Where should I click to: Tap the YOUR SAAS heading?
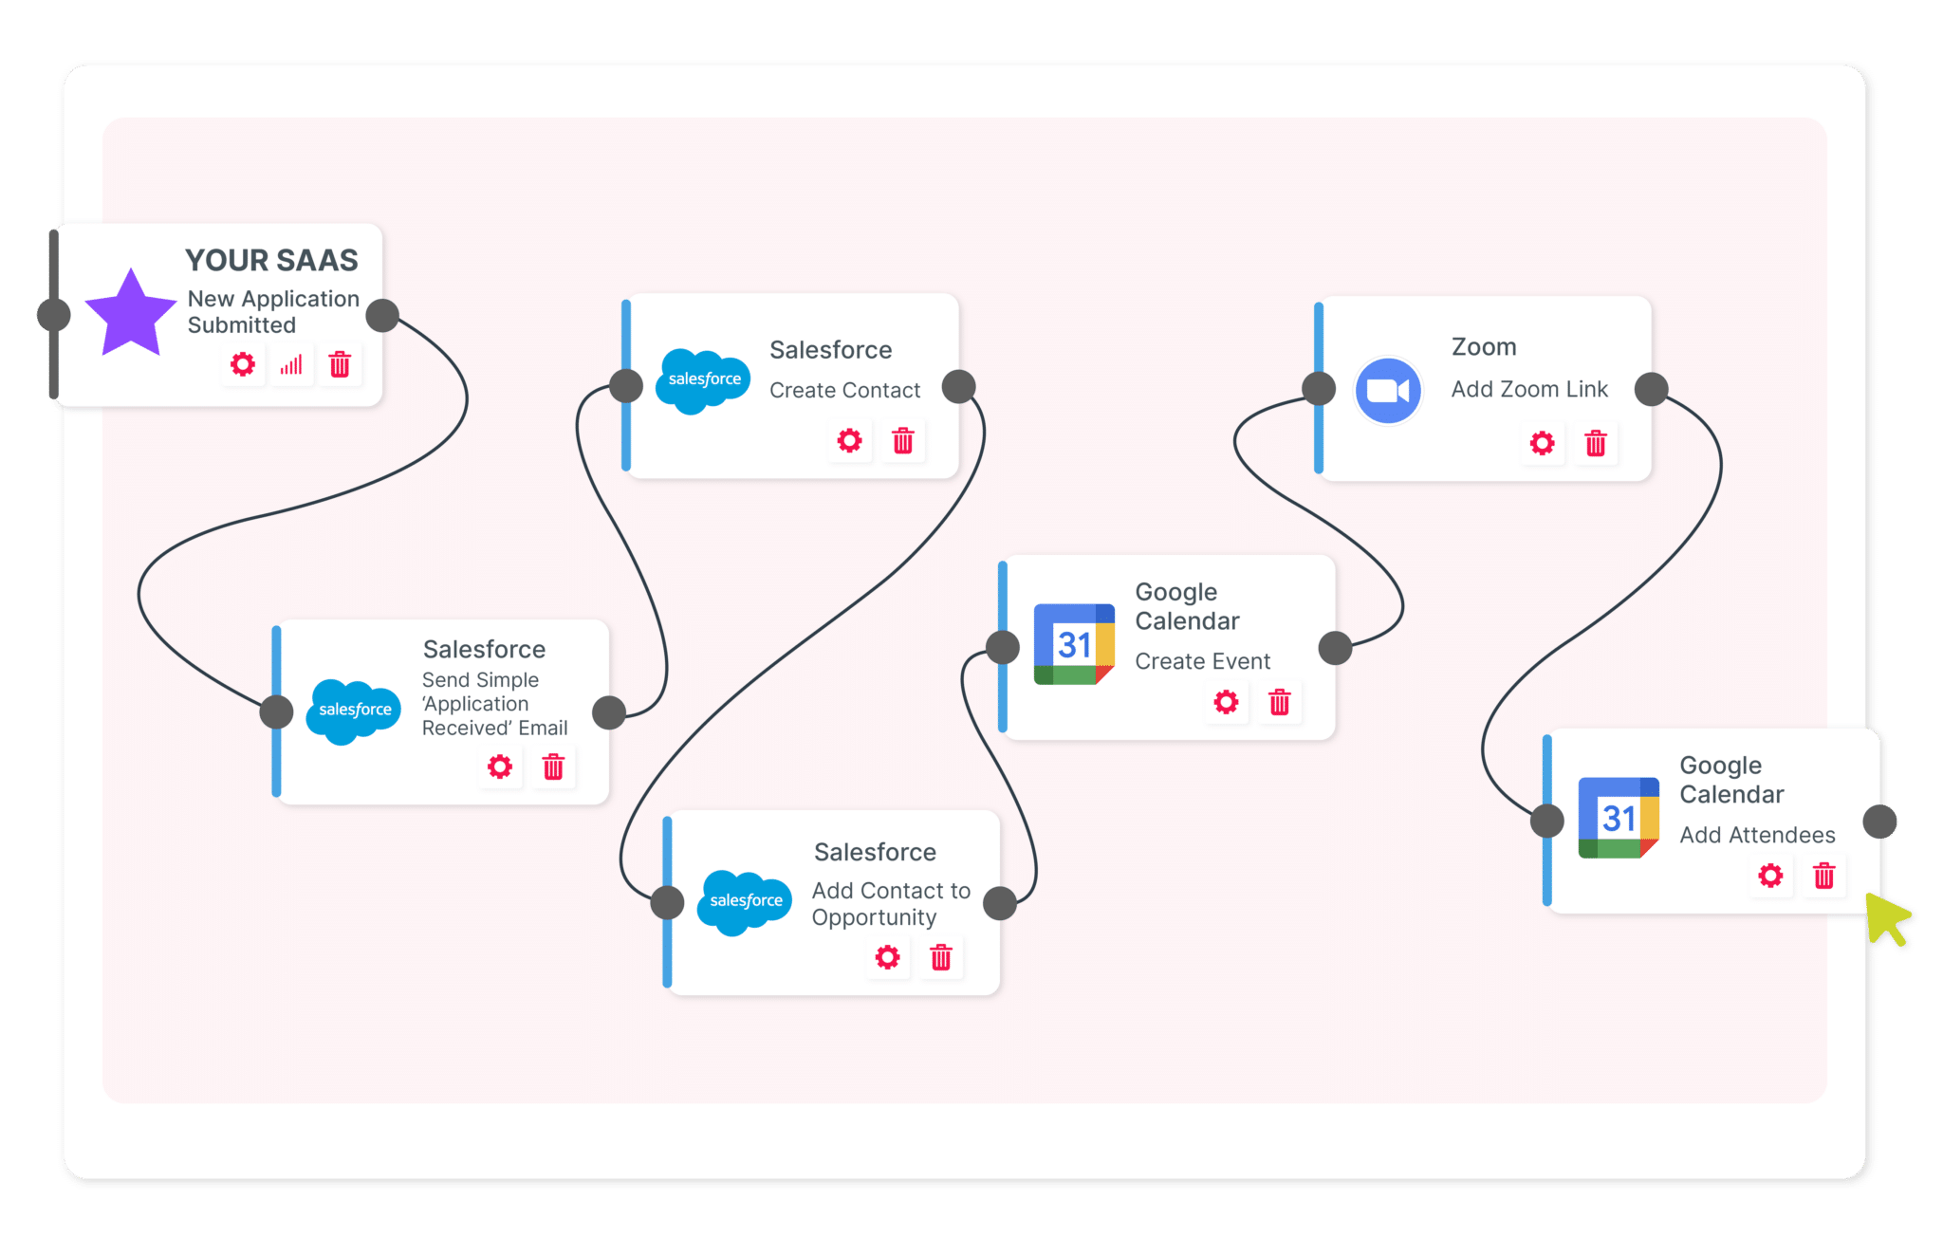point(271,260)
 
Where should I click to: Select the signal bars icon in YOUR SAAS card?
point(291,364)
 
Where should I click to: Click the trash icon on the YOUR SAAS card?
point(340,364)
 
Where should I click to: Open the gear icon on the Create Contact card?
point(849,440)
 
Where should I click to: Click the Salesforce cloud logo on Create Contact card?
point(703,379)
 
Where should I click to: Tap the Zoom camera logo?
point(1388,390)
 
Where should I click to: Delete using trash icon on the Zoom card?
point(1596,443)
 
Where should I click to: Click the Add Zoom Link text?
point(1528,389)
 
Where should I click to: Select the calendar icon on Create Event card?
point(1074,644)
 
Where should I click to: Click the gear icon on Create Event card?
point(1226,702)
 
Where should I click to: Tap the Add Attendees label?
point(1757,835)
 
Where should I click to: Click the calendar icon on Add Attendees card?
point(1619,818)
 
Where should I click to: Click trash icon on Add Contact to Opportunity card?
point(940,957)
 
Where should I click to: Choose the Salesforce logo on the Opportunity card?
point(745,901)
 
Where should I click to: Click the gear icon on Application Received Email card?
point(499,767)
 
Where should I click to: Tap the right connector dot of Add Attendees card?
point(1879,822)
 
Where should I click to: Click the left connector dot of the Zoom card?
point(1319,388)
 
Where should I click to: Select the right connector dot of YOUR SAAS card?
point(382,315)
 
